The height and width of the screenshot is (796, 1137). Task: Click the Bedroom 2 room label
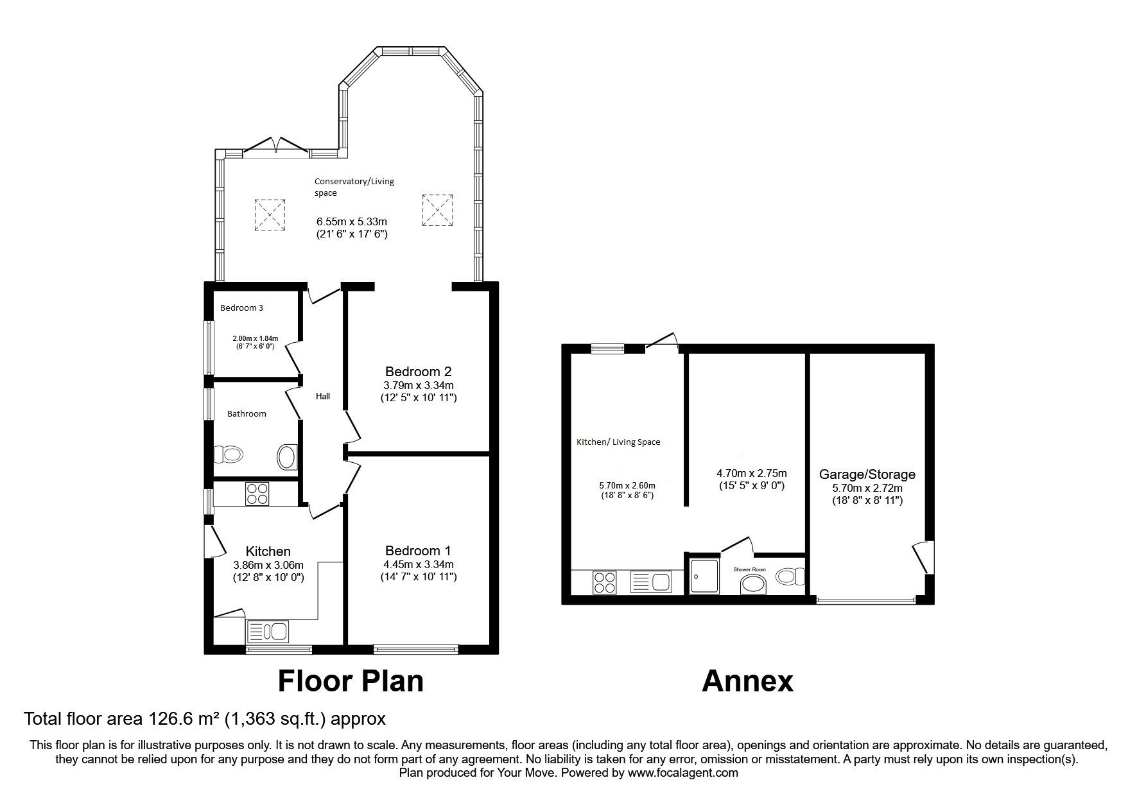[x=418, y=372]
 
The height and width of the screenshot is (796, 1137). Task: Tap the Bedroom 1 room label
[x=418, y=551]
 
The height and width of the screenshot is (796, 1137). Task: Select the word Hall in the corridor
[x=323, y=397]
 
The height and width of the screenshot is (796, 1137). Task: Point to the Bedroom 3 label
[x=241, y=308]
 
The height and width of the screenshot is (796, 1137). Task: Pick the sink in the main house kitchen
[x=267, y=631]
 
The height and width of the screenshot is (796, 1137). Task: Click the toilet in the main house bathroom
[x=229, y=455]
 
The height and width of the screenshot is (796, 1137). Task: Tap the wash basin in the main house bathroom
[x=287, y=457]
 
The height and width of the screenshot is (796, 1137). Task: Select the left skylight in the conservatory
[x=270, y=214]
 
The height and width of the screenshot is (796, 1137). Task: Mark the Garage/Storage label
[x=867, y=475]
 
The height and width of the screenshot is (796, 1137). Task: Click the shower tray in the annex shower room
[x=704, y=575]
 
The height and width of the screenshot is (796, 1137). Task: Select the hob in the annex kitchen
[x=604, y=582]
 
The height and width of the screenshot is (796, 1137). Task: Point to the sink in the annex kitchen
[x=650, y=582]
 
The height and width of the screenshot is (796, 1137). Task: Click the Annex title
[x=747, y=681]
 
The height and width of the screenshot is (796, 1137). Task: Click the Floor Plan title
[x=351, y=681]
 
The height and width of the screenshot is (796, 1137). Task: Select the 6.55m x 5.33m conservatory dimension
[x=352, y=222]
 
